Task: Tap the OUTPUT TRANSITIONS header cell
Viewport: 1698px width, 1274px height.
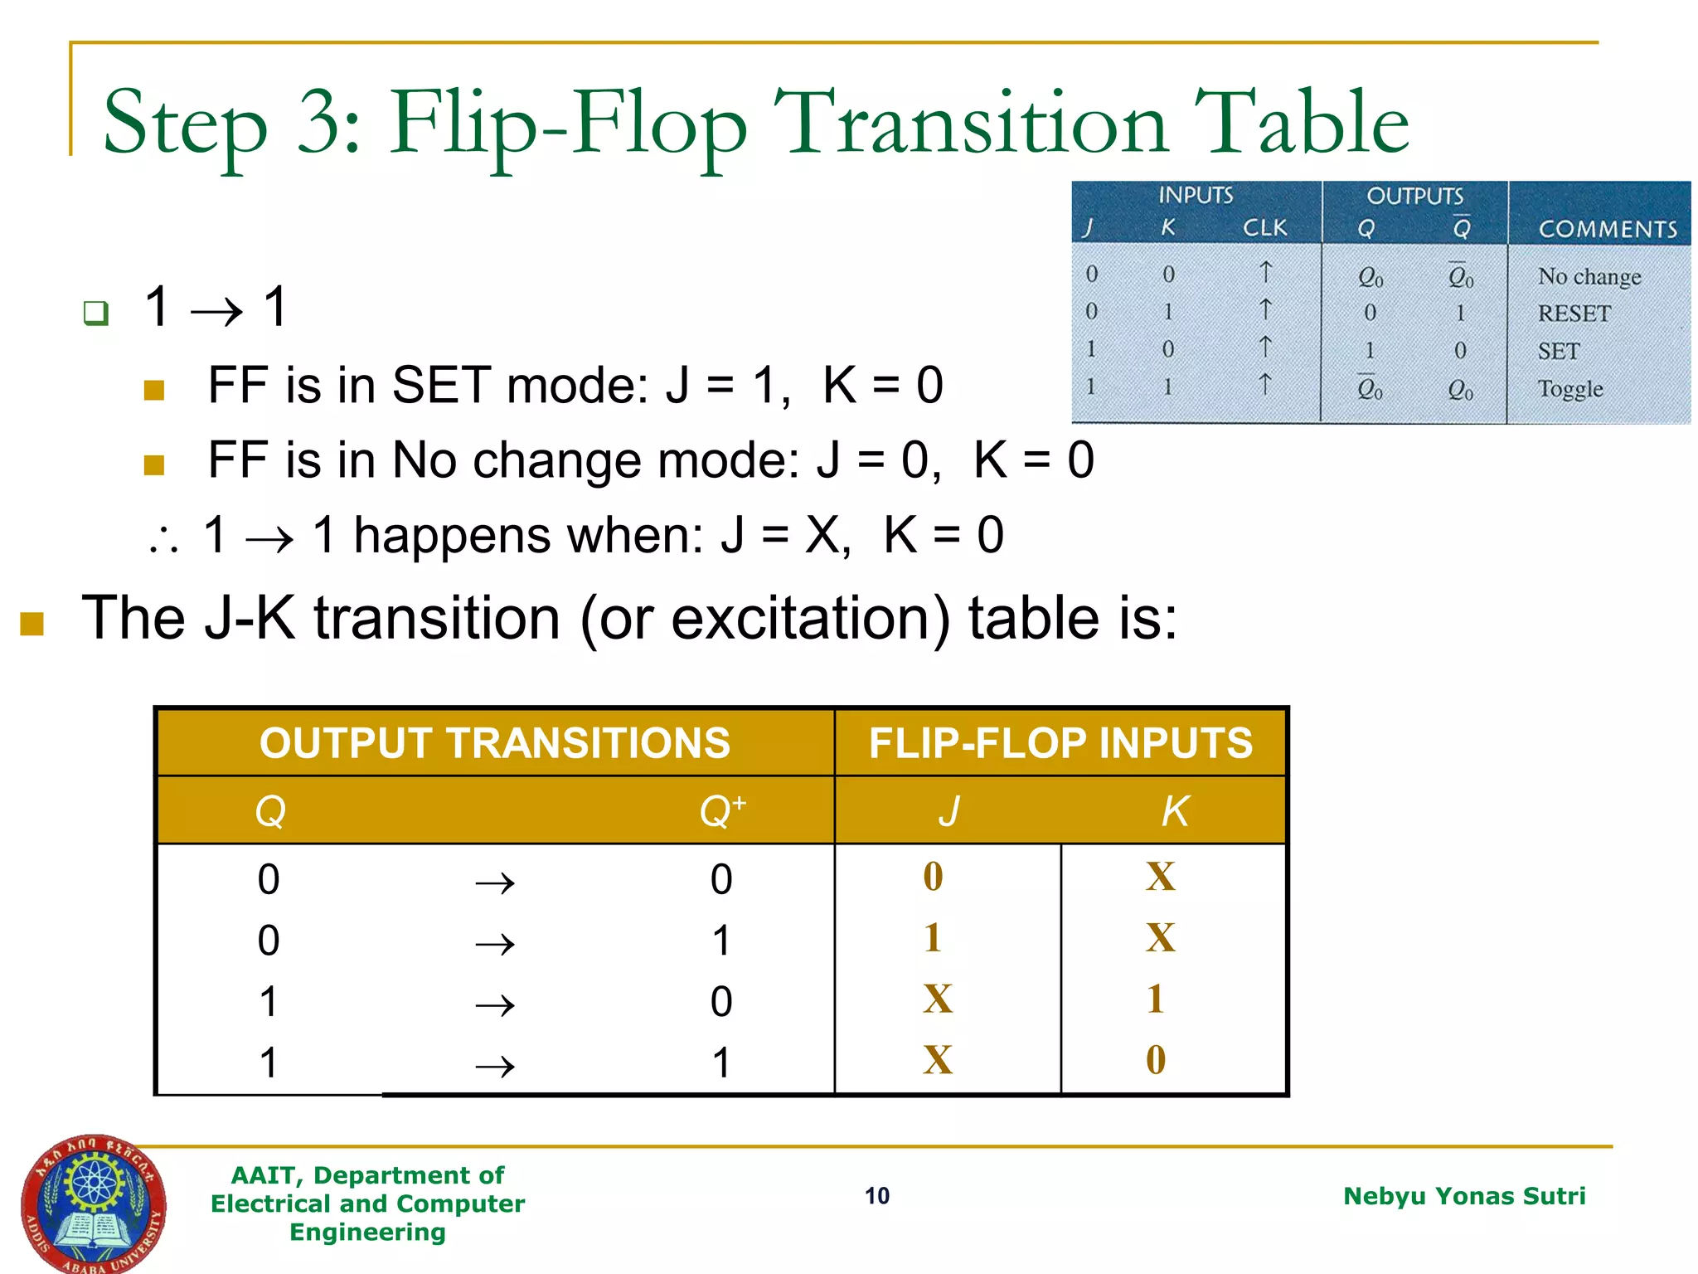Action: (495, 742)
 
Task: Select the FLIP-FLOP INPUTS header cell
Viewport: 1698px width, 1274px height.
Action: (1060, 742)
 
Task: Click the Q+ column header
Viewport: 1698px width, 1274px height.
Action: (721, 810)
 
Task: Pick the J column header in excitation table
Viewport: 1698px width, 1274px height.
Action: (948, 810)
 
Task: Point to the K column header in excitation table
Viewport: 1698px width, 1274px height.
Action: (1175, 810)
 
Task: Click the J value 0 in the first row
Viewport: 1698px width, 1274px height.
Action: (933, 877)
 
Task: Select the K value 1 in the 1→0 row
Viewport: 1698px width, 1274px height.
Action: (1156, 999)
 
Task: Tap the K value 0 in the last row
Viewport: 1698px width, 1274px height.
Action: (1156, 1060)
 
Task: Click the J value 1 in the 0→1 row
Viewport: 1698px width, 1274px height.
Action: (933, 938)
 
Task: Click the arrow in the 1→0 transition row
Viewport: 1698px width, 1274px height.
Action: (495, 1004)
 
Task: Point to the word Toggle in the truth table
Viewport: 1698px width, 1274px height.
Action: (1569, 388)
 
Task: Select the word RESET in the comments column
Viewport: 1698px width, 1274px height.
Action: (1574, 313)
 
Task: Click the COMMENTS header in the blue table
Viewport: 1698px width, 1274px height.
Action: (1607, 229)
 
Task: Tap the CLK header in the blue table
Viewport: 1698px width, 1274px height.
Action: (1264, 227)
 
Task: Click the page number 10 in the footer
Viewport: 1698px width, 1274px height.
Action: (876, 1195)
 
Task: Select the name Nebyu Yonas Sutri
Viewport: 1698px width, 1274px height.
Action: (1463, 1195)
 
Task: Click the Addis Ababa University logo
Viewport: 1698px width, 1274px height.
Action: (93, 1202)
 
